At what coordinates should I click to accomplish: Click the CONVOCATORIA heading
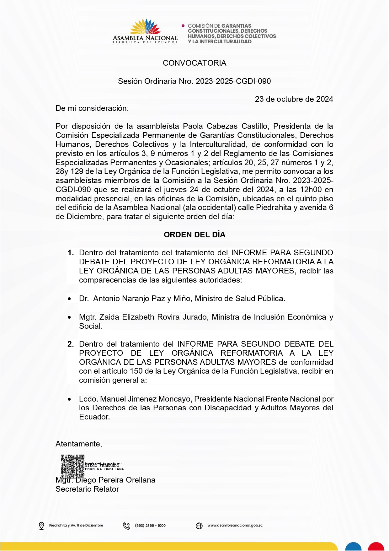point(194,63)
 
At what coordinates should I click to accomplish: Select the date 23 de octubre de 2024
point(294,99)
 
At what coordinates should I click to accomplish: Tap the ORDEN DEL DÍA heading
point(194,235)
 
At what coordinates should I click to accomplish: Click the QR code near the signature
point(72,466)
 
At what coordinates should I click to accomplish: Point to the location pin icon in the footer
point(41,526)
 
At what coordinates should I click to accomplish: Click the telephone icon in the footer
point(126,526)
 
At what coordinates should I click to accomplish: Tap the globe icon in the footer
point(199,526)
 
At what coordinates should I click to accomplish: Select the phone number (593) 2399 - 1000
point(150,526)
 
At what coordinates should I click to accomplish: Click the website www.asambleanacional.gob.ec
point(235,525)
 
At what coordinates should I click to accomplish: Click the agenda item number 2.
point(71,344)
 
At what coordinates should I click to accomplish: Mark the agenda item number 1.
point(71,253)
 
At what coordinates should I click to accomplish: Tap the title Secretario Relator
point(87,489)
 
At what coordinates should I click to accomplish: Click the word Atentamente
point(78,444)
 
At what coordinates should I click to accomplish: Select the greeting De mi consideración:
point(92,108)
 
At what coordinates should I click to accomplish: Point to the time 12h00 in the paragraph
point(311,190)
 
